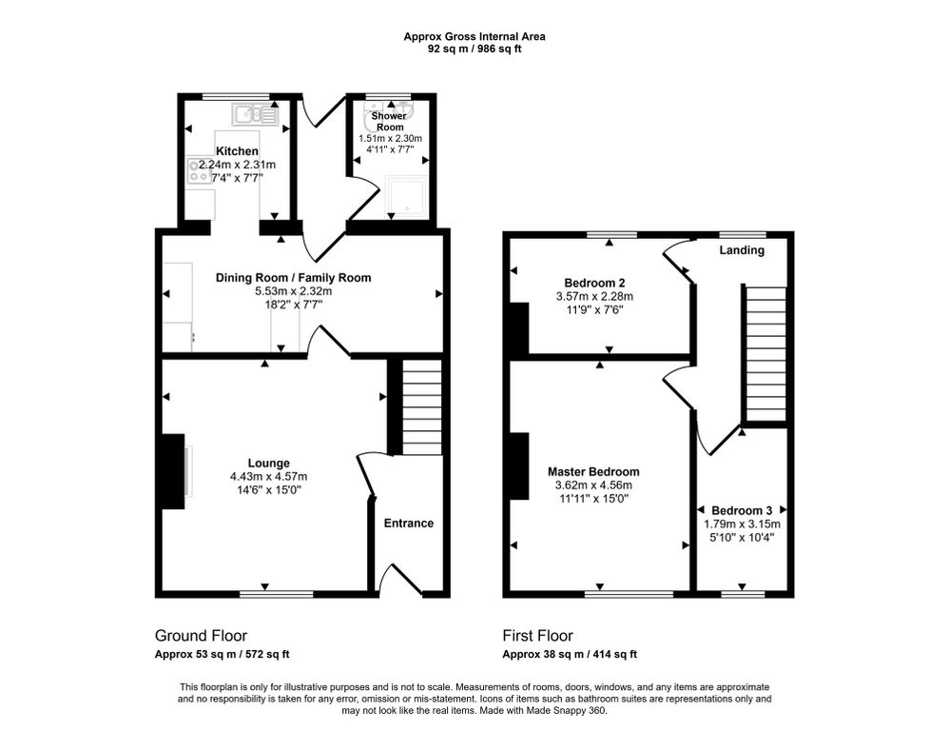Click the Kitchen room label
237,151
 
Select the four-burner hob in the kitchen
200,171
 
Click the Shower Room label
389,121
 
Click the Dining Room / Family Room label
293,278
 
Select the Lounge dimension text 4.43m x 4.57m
268,477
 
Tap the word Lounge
268,464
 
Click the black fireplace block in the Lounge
172,471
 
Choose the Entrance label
408,524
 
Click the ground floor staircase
420,406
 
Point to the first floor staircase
764,353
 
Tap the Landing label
741,251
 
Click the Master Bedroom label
593,471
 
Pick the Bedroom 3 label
742,510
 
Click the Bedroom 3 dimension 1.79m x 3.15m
742,524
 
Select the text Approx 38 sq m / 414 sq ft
570,654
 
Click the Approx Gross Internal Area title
474,37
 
